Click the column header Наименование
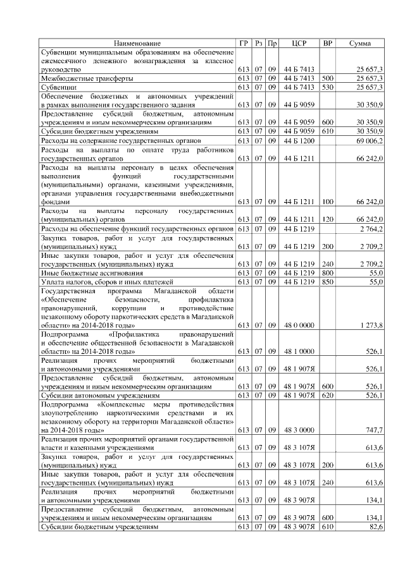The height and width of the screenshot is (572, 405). tap(137, 42)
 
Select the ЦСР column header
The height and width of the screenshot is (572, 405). tap(299, 42)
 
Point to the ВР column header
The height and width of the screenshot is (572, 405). tap(327, 42)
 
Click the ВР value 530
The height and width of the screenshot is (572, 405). tap(327, 87)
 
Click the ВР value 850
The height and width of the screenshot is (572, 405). tap(327, 281)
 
